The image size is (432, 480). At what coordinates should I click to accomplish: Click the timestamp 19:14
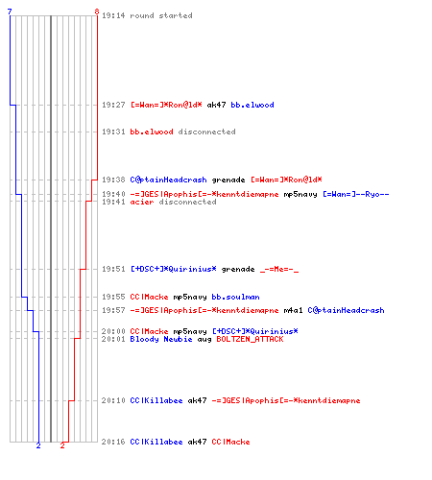(x=113, y=15)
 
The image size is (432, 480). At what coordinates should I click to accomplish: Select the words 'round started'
(x=161, y=15)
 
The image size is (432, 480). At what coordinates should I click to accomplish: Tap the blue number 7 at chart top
(x=10, y=12)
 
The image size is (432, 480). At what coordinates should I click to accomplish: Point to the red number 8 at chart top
(x=97, y=12)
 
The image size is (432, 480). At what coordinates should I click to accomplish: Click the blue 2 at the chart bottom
(x=38, y=445)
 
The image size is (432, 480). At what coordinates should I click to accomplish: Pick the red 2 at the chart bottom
(x=62, y=445)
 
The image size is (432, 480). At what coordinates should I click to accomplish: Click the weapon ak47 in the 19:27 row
(x=216, y=105)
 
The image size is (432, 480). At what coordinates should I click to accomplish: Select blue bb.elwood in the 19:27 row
(x=252, y=105)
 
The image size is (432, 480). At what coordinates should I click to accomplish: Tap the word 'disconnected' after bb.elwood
(x=206, y=132)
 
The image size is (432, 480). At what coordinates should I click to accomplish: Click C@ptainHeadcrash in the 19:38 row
(x=168, y=180)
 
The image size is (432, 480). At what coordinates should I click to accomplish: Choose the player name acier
(x=142, y=202)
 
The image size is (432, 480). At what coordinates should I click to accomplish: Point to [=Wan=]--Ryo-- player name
(x=356, y=194)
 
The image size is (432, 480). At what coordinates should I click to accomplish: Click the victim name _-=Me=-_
(x=279, y=269)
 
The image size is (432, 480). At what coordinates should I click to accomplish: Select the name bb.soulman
(x=235, y=297)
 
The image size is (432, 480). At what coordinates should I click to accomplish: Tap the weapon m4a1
(x=293, y=310)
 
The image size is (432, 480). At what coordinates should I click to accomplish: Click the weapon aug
(x=204, y=339)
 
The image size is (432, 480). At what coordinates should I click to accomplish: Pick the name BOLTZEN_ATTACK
(x=250, y=339)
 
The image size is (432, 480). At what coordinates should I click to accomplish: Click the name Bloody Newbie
(x=161, y=339)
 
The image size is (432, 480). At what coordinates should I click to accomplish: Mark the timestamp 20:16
(x=113, y=442)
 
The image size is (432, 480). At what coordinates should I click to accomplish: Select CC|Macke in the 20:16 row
(x=230, y=442)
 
